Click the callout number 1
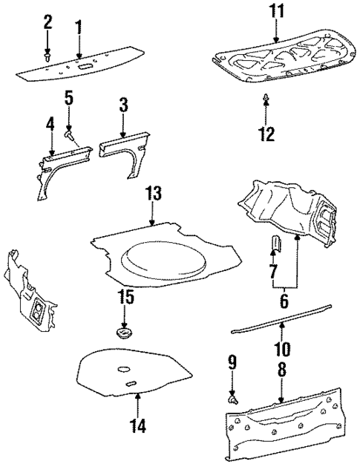[x=79, y=29]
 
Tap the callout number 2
[x=48, y=23]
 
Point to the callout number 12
[x=266, y=134]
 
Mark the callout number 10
[x=282, y=347]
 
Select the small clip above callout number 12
[x=266, y=97]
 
